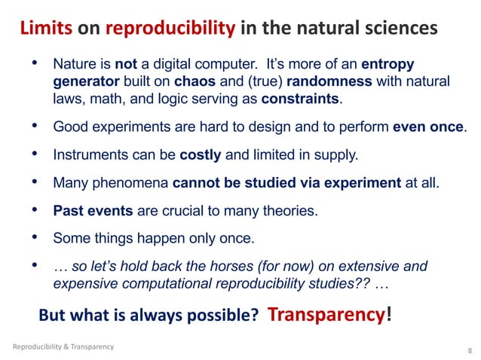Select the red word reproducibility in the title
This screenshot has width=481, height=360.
click(x=171, y=29)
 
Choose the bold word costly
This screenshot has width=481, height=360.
click(x=201, y=156)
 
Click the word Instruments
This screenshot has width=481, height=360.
click(x=89, y=156)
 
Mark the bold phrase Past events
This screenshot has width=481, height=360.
click(x=90, y=212)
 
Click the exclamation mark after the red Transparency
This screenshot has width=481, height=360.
click(x=388, y=314)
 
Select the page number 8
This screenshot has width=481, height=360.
click(x=470, y=351)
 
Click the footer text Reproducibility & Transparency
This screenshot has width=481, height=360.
click(x=64, y=346)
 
